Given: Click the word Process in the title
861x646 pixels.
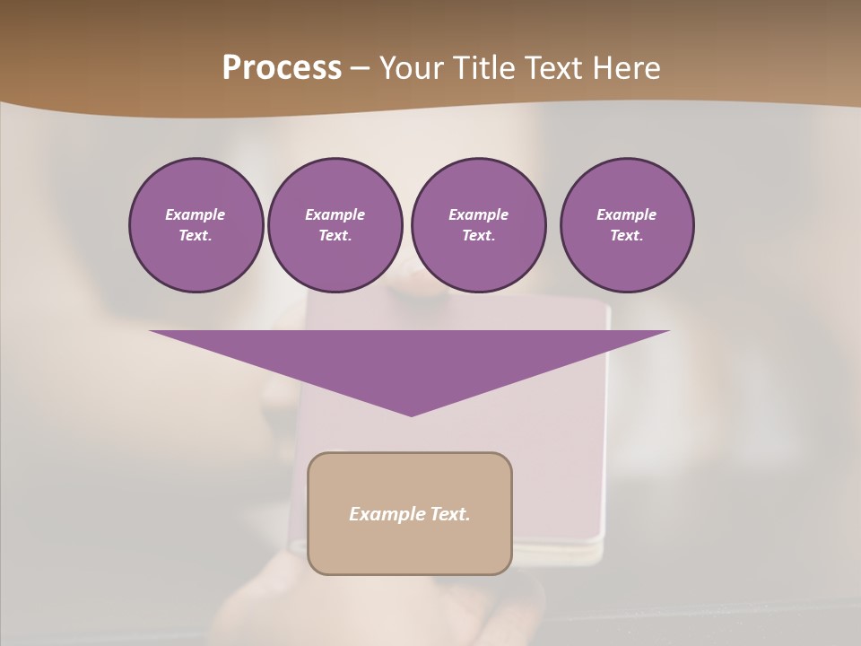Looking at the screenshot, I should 282,68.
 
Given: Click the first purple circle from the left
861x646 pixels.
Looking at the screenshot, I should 196,225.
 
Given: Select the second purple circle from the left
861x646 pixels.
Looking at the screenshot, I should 335,225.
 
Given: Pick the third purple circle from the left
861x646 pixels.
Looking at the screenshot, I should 478,225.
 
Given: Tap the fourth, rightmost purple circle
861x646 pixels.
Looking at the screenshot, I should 627,225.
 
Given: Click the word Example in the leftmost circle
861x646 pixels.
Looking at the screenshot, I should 196,214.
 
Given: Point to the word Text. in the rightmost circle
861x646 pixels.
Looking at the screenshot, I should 627,236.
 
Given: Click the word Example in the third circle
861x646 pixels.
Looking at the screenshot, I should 478,214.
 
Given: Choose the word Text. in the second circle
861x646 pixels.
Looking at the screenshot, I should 335,236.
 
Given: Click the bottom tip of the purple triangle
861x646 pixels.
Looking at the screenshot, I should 411,414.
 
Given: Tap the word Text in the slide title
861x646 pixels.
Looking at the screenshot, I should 553,68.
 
